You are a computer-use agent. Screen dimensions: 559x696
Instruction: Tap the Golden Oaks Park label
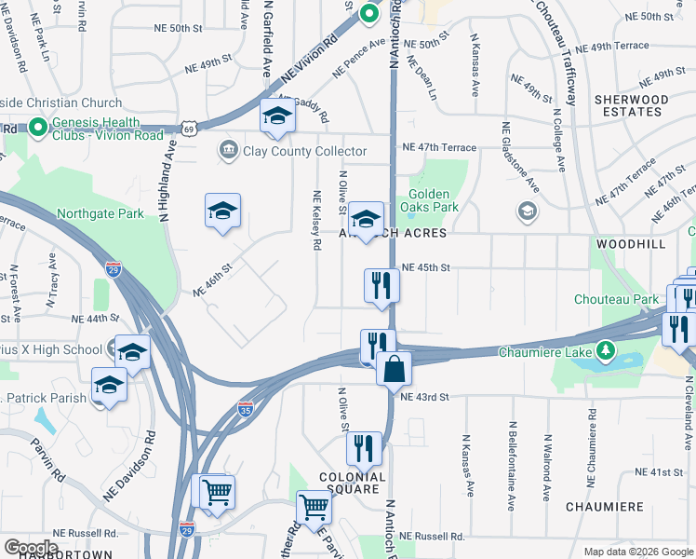pos(433,201)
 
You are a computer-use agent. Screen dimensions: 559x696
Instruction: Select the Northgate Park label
pos(100,213)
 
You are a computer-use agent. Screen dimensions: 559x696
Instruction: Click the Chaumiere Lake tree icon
pos(606,351)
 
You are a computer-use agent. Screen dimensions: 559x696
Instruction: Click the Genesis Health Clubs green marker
pos(38,128)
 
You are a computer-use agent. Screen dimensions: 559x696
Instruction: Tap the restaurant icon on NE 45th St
pos(381,285)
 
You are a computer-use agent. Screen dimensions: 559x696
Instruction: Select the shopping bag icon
pos(395,369)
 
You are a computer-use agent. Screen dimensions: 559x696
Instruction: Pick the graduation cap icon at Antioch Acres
pos(366,219)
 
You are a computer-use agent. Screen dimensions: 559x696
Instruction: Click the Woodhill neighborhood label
pos(631,243)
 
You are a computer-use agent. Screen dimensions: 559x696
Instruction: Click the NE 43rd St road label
pos(424,397)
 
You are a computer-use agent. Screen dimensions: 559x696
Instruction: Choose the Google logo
pos(31,547)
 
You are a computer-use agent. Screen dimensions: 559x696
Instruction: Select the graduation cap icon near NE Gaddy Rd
pos(277,116)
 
